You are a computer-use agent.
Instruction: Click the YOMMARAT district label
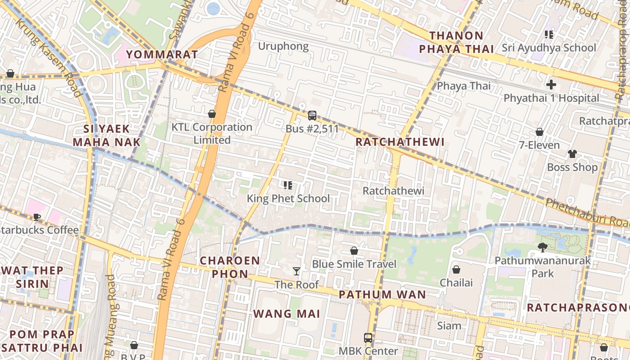coord(162,54)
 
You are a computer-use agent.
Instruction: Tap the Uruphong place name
coord(283,46)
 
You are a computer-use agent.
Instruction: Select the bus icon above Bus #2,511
coord(312,116)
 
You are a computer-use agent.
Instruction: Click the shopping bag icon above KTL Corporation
coord(212,114)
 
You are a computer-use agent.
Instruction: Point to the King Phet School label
coord(288,198)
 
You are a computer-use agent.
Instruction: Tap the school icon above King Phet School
coord(288,185)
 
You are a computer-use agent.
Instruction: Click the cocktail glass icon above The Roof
coord(297,271)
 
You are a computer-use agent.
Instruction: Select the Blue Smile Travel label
coord(354,264)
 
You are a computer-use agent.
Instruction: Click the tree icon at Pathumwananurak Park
coord(543,247)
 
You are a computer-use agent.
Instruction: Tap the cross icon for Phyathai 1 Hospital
coord(551,85)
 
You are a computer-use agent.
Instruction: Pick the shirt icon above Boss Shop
coord(572,154)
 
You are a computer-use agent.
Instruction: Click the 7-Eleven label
coord(539,145)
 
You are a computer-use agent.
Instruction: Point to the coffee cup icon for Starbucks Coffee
coord(37,217)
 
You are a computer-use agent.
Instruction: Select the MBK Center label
coord(368,351)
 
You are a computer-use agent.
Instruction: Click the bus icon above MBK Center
coord(368,337)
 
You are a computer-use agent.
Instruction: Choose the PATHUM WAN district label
coord(382,295)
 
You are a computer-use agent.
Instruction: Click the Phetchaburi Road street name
coord(587,212)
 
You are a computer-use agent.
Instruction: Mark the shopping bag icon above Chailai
coord(456,270)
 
